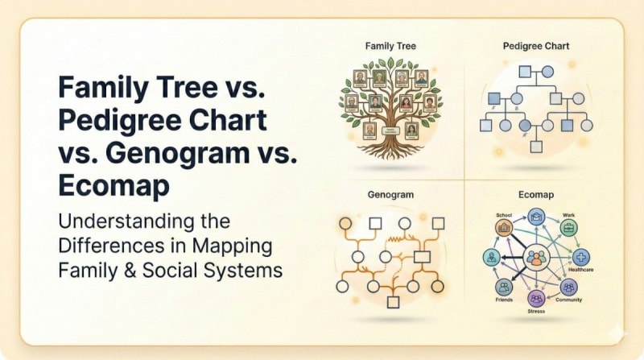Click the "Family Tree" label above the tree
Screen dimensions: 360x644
pos(390,46)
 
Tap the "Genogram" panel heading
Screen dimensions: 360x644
pos(390,196)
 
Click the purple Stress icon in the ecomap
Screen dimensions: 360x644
pos(535,297)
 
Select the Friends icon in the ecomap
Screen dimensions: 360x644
pos(504,287)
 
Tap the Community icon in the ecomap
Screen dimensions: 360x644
pos(569,287)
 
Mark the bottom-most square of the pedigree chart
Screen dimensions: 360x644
pos(536,147)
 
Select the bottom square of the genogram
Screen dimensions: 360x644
pos(393,302)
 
